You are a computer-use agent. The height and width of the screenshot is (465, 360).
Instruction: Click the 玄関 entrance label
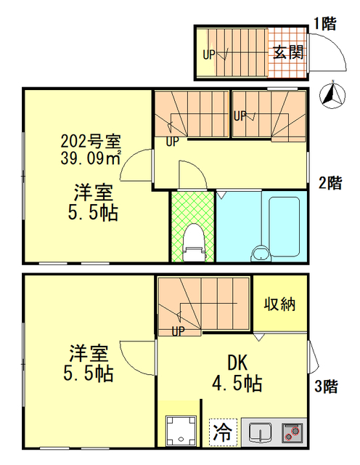click(287, 52)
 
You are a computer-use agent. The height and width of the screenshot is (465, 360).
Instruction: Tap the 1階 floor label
click(324, 23)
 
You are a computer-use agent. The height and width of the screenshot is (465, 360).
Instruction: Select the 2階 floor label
click(329, 183)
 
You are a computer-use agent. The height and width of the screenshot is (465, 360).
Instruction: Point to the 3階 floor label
click(326, 387)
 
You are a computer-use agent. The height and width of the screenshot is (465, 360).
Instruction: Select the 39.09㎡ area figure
click(90, 156)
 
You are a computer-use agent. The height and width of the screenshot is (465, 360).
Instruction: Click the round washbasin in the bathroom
click(258, 254)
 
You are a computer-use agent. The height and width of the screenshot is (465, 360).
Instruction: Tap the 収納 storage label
click(279, 303)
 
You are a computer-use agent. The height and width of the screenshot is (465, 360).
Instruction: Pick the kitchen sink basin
click(259, 433)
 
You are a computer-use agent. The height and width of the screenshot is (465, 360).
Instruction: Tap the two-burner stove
click(292, 432)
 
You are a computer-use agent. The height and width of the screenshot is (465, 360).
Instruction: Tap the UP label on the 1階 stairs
click(209, 53)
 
